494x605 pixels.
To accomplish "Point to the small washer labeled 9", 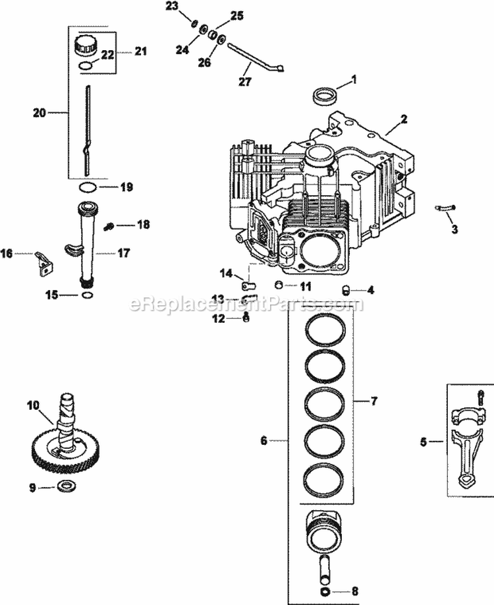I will pos(65,486).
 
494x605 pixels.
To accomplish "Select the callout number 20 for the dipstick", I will pos(40,113).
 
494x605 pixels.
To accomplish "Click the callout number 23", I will pos(171,7).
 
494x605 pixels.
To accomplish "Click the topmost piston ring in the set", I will pos(325,327).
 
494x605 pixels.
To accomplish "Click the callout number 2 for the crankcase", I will pos(404,121).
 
